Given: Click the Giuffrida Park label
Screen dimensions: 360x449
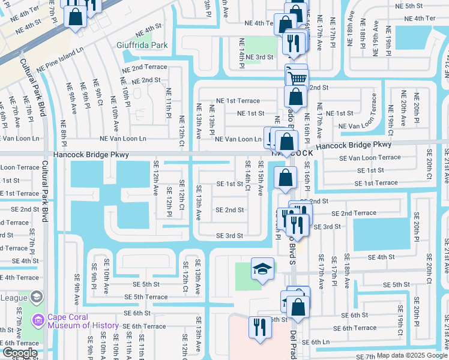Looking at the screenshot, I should click(x=142, y=45).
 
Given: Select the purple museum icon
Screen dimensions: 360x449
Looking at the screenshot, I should click(x=39, y=321).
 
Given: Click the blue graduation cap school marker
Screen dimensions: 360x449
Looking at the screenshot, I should click(x=262, y=269).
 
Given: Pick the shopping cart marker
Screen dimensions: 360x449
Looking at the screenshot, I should click(x=297, y=76).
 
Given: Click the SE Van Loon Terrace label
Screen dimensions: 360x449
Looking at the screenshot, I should click(x=370, y=157).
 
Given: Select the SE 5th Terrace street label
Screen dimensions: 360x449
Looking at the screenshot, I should click(x=146, y=297).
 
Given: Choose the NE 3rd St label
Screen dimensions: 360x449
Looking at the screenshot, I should click(x=261, y=57).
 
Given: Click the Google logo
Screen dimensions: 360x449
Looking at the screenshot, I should click(x=19, y=353).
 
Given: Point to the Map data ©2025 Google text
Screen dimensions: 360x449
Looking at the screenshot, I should click(x=412, y=355).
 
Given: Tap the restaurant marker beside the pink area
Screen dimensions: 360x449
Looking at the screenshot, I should click(x=259, y=328).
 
